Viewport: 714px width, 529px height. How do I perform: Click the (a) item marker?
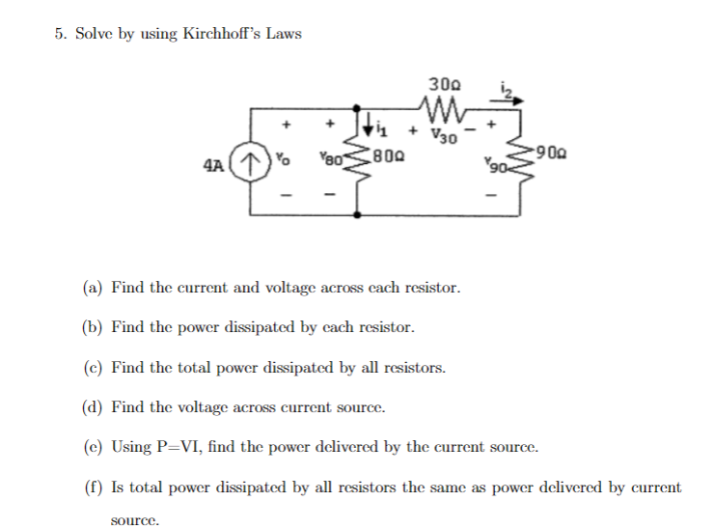tap(93, 288)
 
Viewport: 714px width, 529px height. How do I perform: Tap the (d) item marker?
tap(94, 407)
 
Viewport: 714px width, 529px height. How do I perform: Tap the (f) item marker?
tap(93, 487)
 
